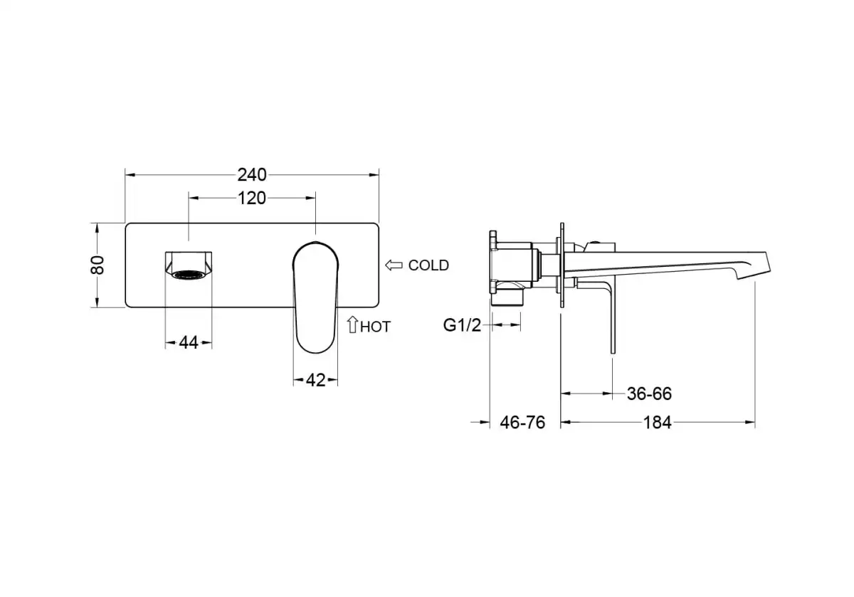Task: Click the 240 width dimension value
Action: click(x=252, y=174)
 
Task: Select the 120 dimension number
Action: click(x=251, y=198)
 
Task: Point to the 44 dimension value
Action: click(x=188, y=342)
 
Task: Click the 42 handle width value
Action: click(x=315, y=380)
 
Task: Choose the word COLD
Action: click(x=428, y=265)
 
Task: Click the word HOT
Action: click(x=375, y=327)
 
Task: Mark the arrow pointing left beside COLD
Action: click(x=394, y=265)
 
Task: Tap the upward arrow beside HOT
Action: click(x=352, y=326)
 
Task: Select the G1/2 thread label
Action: click(x=463, y=325)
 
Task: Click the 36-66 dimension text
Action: click(x=649, y=393)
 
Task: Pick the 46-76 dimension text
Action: click(x=522, y=423)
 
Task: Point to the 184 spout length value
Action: click(x=657, y=423)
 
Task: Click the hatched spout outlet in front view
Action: click(x=189, y=273)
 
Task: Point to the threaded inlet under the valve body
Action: click(x=510, y=295)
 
